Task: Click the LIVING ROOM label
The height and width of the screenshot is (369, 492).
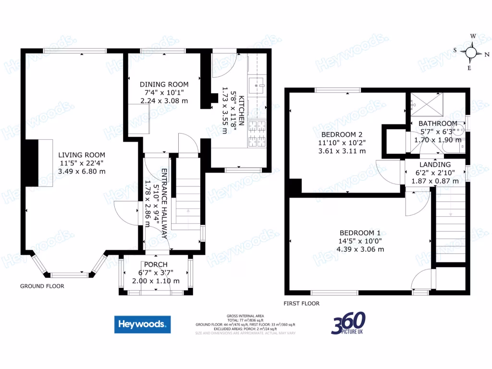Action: point(82,155)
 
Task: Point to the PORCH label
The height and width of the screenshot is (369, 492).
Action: point(156,265)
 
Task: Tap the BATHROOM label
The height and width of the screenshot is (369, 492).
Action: point(437,123)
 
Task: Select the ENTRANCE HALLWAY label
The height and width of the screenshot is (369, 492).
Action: point(164,204)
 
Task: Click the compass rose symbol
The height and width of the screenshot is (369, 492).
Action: point(471,52)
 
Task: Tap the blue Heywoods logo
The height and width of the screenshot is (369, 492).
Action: point(142,324)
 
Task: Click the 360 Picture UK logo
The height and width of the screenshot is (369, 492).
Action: point(348,323)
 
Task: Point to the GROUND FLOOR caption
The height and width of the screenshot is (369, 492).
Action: point(42,286)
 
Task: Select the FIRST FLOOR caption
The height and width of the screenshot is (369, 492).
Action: point(302,304)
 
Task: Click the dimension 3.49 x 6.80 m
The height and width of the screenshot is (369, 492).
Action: point(82,172)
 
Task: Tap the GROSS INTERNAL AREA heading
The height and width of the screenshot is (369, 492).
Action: point(246,316)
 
